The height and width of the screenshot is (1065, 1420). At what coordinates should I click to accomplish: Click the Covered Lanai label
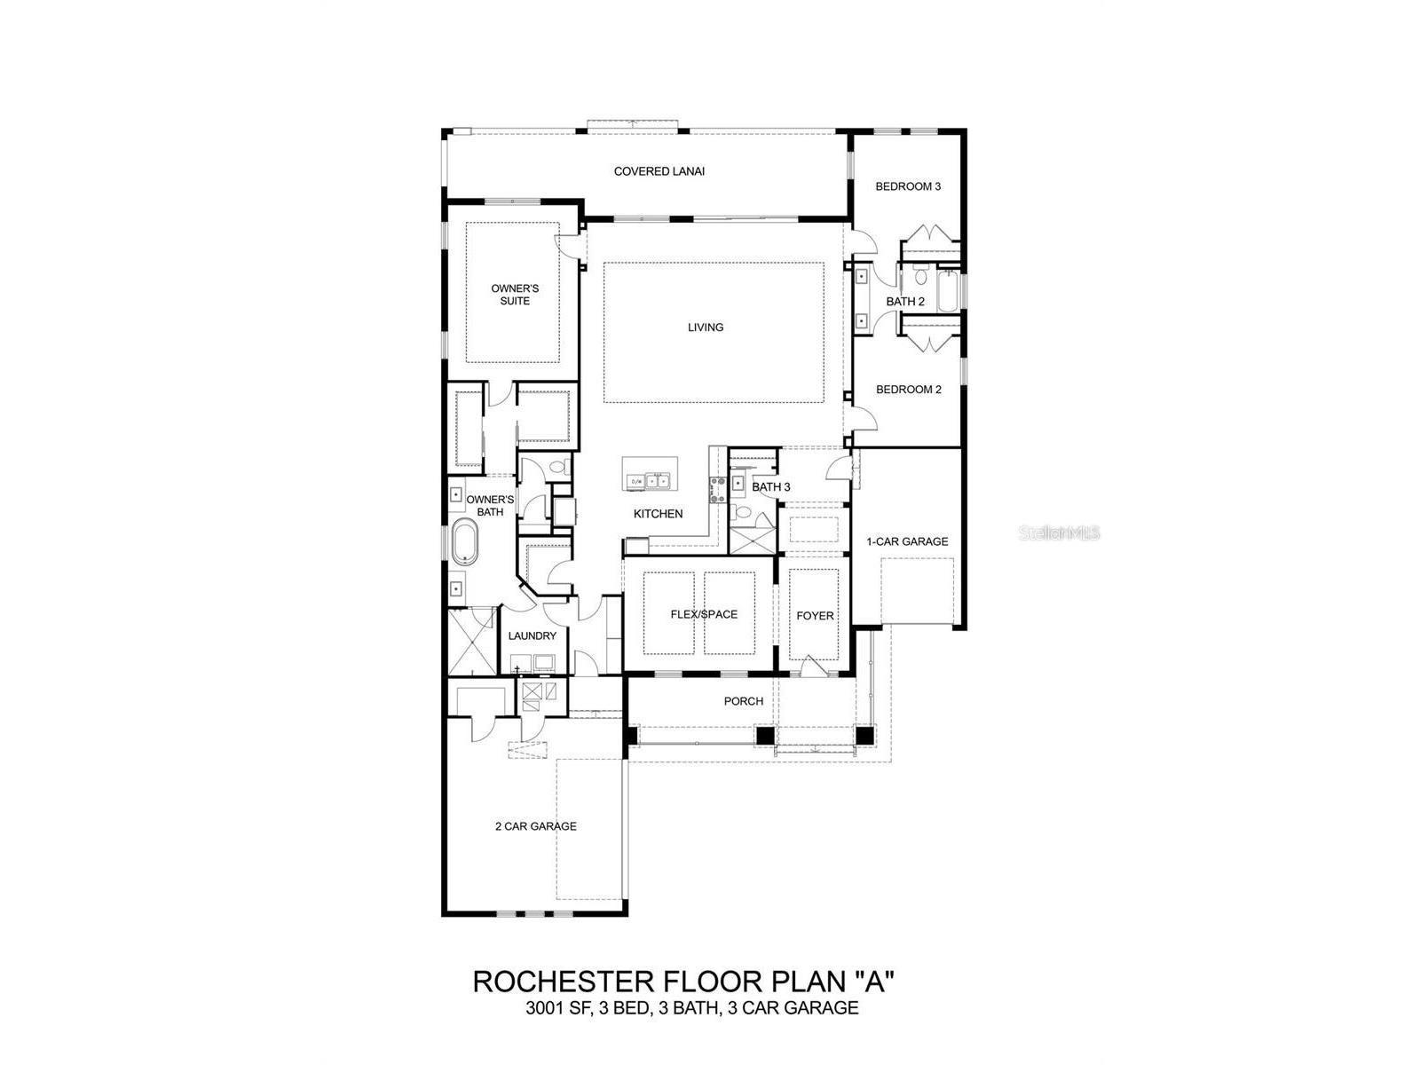click(659, 171)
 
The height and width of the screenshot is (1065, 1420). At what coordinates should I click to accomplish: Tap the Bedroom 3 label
click(908, 186)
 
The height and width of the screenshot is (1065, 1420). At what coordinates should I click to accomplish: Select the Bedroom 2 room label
click(908, 390)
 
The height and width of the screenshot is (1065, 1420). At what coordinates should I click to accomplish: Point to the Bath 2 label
click(905, 302)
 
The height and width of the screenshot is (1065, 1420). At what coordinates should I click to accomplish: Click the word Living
click(706, 327)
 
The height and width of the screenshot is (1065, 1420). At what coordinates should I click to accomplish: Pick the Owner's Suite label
click(515, 295)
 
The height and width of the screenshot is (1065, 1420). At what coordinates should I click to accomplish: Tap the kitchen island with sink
click(650, 473)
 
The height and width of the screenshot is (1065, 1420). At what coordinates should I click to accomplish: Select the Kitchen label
click(658, 514)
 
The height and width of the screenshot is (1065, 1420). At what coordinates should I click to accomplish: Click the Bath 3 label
click(770, 487)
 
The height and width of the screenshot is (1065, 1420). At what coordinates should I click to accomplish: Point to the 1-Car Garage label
click(907, 541)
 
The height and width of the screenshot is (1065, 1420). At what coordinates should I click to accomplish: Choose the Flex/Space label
click(704, 614)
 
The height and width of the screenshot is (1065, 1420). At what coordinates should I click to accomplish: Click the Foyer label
click(815, 616)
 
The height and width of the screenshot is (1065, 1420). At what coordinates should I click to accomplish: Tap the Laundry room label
click(532, 636)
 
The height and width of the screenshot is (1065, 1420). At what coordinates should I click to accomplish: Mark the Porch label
click(743, 701)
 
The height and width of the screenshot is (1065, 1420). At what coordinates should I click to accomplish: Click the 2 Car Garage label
click(535, 826)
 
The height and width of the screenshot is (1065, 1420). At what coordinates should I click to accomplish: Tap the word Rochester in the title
click(562, 982)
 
